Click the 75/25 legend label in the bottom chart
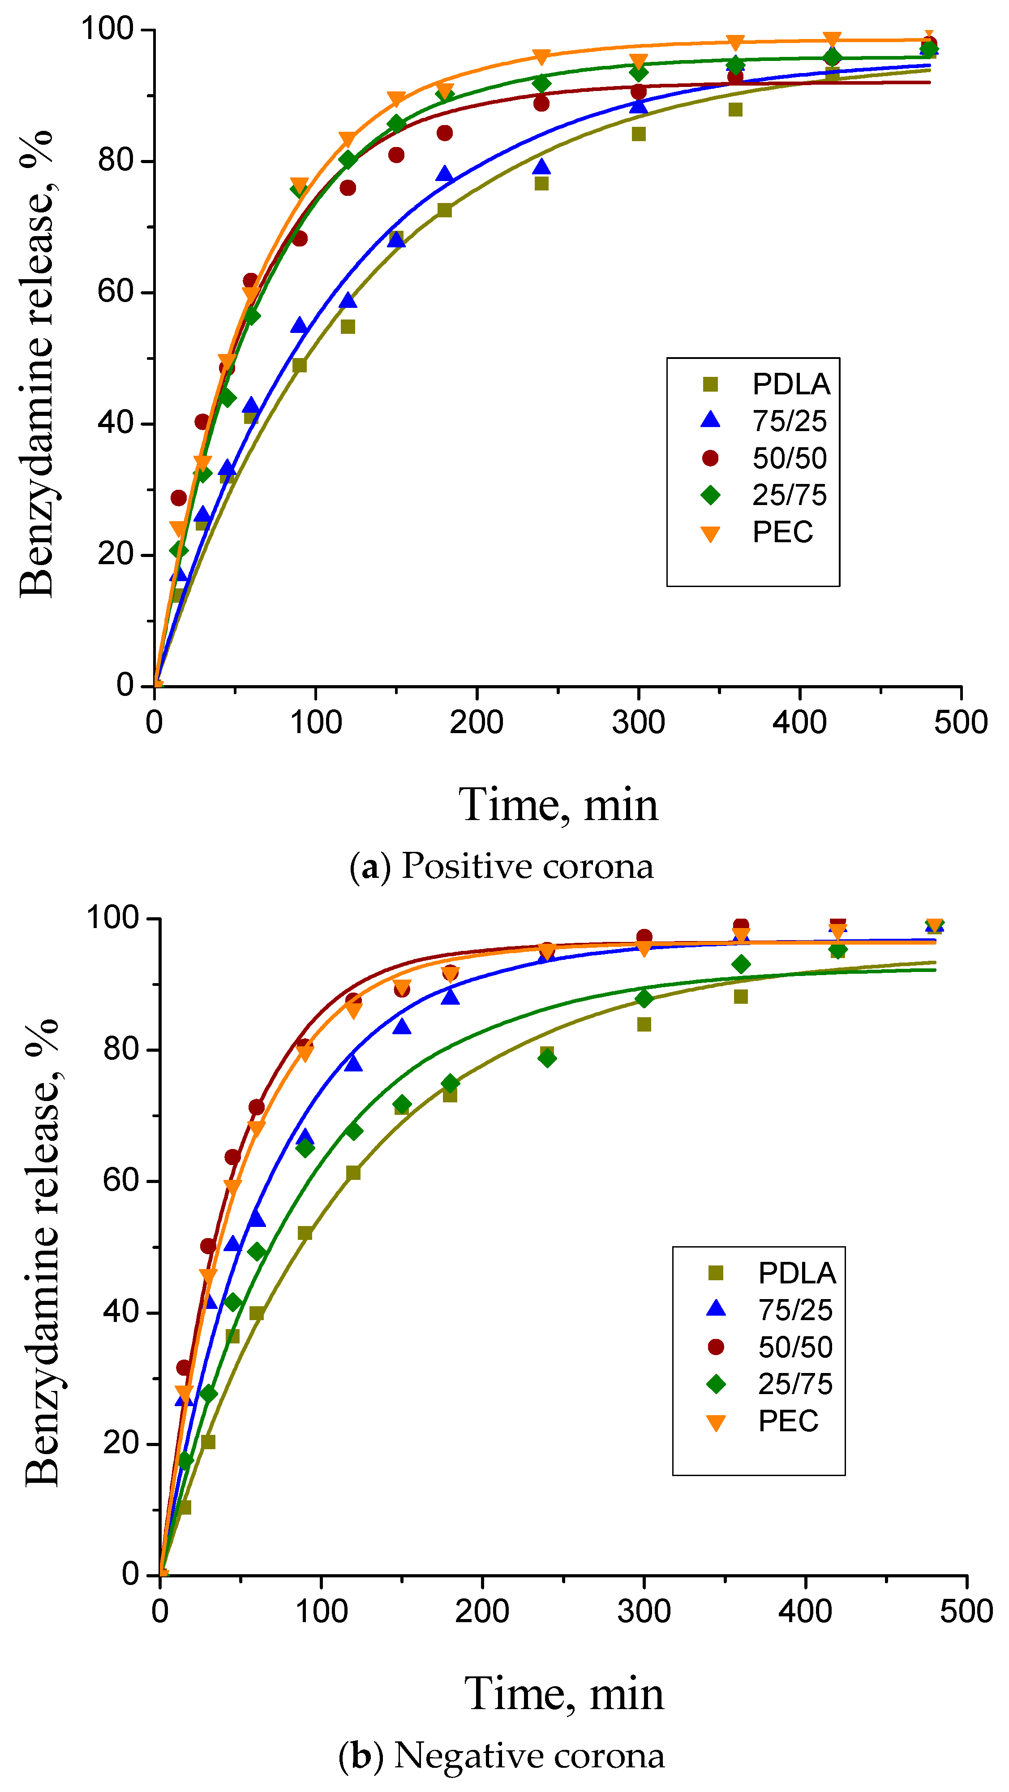[x=795, y=1310]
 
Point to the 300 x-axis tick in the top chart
[x=638, y=722]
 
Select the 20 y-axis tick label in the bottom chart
[x=121, y=1443]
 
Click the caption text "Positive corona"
[x=527, y=866]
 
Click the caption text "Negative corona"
[x=528, y=1755]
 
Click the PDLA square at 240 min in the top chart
[x=542, y=184]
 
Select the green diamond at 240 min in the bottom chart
[x=547, y=1058]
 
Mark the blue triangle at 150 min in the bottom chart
[x=401, y=1027]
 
